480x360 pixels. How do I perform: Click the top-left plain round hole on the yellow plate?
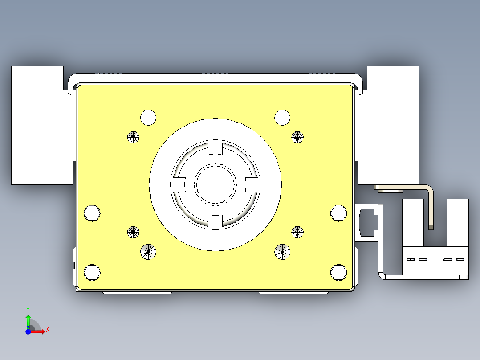point(148,118)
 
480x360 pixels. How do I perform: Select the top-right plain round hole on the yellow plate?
point(282,118)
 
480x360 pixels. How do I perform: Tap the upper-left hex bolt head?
point(92,213)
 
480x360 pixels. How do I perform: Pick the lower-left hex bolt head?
point(92,272)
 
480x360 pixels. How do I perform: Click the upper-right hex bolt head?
point(338,213)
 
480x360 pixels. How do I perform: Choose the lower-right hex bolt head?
point(338,272)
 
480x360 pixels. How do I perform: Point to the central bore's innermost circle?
point(215,184)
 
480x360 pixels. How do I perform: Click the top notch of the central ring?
point(215,147)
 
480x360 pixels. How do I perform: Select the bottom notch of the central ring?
point(215,220)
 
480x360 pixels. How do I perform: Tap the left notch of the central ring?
point(179,184)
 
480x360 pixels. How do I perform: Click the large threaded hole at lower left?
point(148,252)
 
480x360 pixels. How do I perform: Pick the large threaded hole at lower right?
point(282,252)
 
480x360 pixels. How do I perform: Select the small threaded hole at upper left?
point(133,137)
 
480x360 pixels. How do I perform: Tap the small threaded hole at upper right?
point(297,137)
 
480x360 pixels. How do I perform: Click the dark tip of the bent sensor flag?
point(431,227)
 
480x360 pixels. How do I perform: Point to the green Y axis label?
point(28,309)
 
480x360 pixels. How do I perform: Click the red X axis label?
point(48,330)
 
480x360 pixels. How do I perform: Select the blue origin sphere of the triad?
point(28,331)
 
